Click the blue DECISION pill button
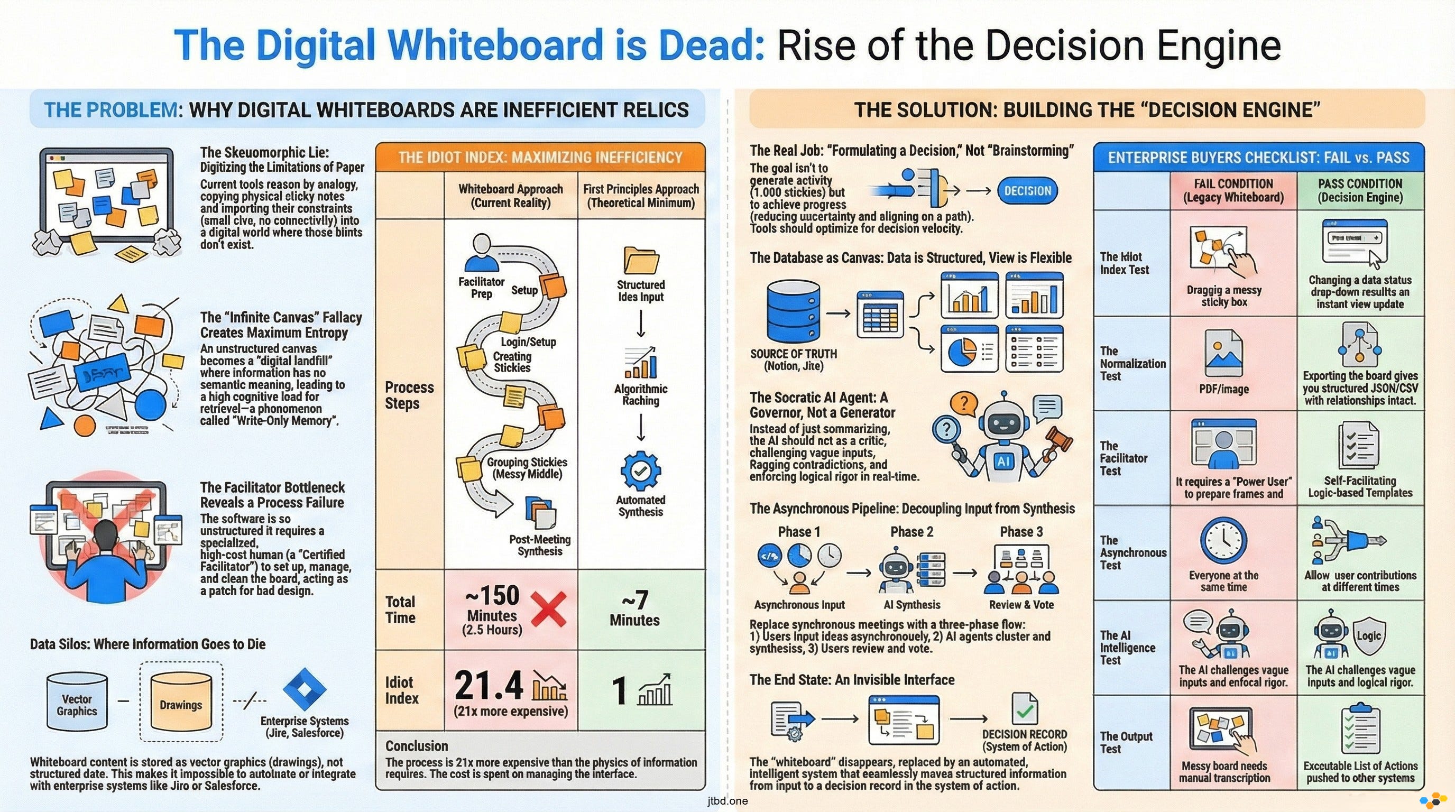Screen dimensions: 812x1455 tap(1027, 191)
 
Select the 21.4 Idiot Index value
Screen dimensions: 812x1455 tap(489, 686)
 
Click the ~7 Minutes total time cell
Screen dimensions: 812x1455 tap(634, 610)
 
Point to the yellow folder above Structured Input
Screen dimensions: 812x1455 tap(640, 260)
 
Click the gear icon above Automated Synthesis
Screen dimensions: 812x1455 tap(640, 470)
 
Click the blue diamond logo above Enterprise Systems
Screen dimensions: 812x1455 tap(305, 689)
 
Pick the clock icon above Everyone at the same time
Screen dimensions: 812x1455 tap(1223, 541)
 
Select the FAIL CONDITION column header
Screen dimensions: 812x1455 tap(1233, 190)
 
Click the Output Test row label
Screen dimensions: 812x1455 tap(1126, 742)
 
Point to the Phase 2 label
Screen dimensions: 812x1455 tap(911, 532)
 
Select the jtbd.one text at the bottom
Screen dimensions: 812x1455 tap(727, 801)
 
